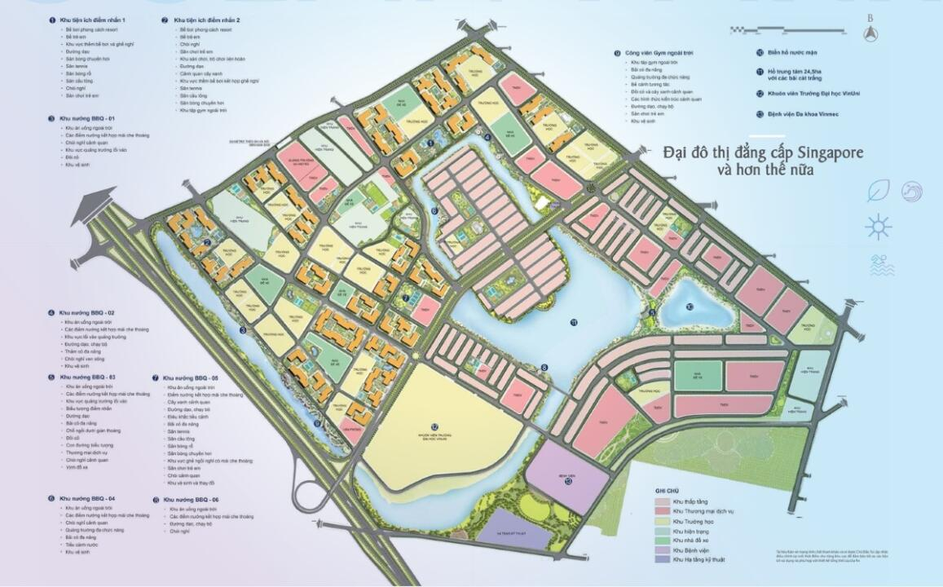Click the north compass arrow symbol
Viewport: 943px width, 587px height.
pos(871,33)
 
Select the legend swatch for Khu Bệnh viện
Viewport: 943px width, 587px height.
pos(663,550)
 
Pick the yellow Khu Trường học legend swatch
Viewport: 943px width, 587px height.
pos(663,520)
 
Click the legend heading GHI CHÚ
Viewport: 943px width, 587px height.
pos(667,491)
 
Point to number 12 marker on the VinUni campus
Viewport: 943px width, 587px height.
pos(434,426)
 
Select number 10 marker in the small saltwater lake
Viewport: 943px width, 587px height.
pos(690,307)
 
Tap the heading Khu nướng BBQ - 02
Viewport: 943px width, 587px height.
pos(88,312)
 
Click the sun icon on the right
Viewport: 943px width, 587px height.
pos(879,226)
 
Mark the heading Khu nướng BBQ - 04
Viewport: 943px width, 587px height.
pos(87,497)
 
